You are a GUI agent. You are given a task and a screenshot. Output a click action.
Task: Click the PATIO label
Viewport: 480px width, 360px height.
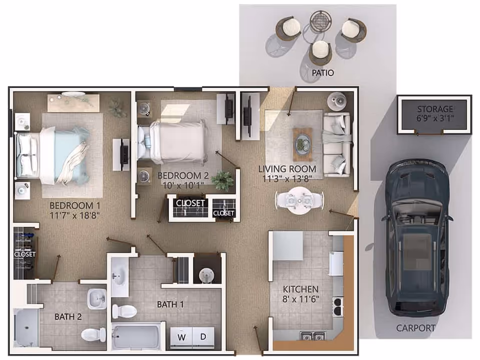click(x=322, y=73)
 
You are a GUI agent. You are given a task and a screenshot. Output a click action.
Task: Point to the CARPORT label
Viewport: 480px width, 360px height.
click(x=415, y=328)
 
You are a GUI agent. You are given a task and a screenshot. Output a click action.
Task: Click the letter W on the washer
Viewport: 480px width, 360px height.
click(x=182, y=337)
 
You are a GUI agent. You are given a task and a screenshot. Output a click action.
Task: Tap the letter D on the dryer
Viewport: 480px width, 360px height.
click(x=203, y=337)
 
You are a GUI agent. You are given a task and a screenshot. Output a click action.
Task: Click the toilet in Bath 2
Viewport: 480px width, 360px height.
click(x=94, y=334)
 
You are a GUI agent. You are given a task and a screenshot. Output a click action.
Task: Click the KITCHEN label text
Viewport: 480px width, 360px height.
click(x=300, y=289)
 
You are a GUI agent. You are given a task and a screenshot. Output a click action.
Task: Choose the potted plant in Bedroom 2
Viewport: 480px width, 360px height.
click(x=223, y=180)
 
